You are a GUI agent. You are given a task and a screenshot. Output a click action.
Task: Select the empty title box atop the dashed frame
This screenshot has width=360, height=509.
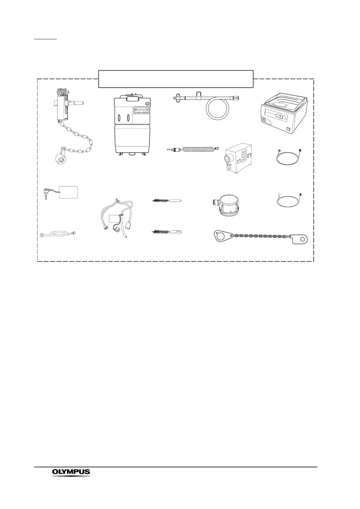coord(176,79)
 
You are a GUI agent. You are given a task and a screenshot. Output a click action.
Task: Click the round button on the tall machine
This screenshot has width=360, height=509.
coord(147,103)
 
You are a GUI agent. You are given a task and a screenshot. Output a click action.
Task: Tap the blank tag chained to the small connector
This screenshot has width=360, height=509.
coord(69,192)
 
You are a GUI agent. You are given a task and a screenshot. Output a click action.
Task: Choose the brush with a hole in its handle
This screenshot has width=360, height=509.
coord(167,232)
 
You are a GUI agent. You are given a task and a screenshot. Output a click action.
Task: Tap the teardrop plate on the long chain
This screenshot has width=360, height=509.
coord(221,235)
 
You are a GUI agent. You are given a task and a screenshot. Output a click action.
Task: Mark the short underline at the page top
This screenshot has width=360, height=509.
coord(45,39)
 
